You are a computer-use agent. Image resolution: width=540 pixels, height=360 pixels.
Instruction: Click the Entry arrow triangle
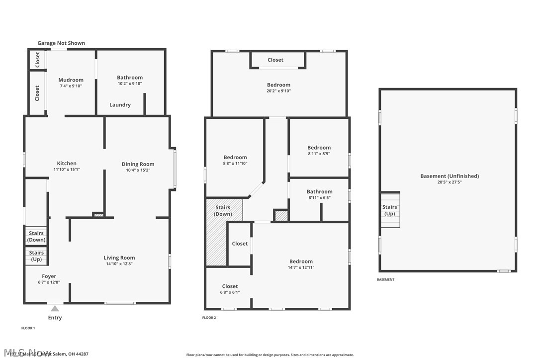55,309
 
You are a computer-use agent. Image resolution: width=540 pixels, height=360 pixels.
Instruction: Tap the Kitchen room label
67,163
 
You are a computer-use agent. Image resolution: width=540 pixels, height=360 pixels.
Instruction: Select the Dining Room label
138,164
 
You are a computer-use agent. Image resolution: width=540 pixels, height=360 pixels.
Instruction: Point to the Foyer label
49,276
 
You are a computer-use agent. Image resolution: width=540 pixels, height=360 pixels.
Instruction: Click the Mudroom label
71,80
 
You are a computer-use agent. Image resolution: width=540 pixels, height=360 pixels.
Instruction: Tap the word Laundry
120,105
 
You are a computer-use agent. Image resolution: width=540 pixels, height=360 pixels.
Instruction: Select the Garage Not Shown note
61,43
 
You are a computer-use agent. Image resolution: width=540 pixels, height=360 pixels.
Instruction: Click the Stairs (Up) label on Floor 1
36,256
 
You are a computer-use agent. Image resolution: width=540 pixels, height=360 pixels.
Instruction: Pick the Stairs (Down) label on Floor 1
36,236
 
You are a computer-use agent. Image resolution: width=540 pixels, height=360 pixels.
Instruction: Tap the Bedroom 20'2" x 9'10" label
278,85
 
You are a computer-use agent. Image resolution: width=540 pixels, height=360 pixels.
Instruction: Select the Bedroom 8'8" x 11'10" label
235,158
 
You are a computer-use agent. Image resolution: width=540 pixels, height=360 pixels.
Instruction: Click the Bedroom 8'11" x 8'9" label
319,148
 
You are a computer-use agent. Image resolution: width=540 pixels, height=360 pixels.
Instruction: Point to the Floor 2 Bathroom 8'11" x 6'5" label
319,192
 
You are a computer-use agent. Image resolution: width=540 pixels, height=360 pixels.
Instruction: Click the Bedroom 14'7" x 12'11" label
301,262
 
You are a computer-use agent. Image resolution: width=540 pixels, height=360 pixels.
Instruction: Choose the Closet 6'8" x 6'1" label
230,286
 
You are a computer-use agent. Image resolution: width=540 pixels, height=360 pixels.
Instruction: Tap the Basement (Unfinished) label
450,176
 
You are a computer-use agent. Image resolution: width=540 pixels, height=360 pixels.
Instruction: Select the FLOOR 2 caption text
209,317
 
